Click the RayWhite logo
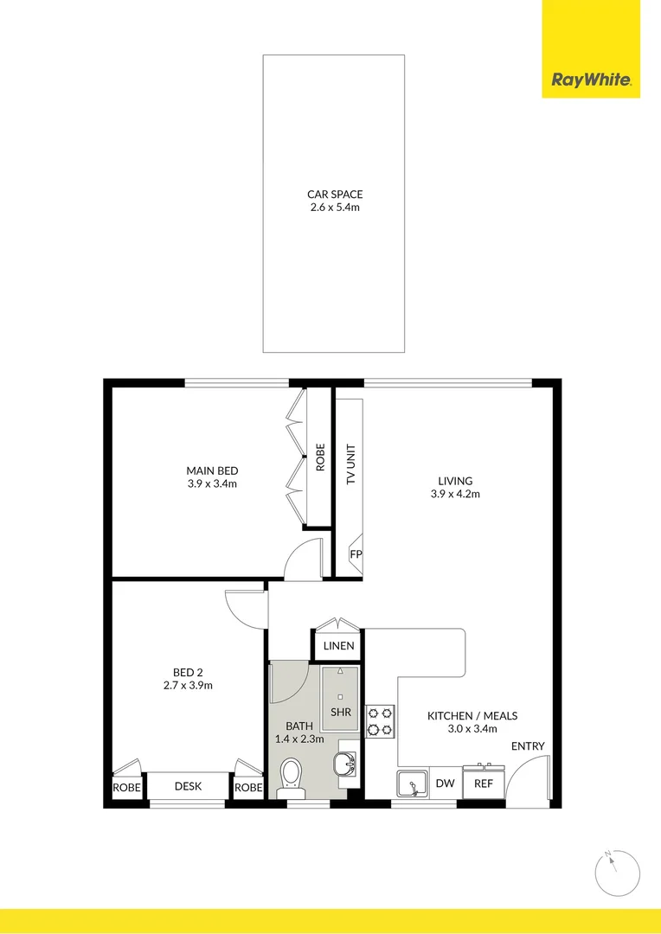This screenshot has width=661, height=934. [591, 80]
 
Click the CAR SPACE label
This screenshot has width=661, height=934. [334, 195]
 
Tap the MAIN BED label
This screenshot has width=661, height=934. [212, 470]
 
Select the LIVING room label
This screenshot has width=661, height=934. [455, 481]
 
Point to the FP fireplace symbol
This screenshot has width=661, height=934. [355, 553]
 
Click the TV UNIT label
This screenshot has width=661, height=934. [351, 464]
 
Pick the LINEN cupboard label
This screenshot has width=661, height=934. [338, 646]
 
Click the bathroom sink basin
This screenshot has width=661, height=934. [347, 763]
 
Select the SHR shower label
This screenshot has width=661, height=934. [341, 712]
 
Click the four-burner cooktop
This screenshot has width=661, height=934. [381, 720]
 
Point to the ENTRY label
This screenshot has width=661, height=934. [528, 746]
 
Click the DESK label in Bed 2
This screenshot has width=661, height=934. [188, 786]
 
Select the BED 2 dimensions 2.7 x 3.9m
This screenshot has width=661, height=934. [188, 685]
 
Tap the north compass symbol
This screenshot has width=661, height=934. [618, 873]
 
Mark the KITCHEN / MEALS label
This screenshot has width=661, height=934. [472, 716]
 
